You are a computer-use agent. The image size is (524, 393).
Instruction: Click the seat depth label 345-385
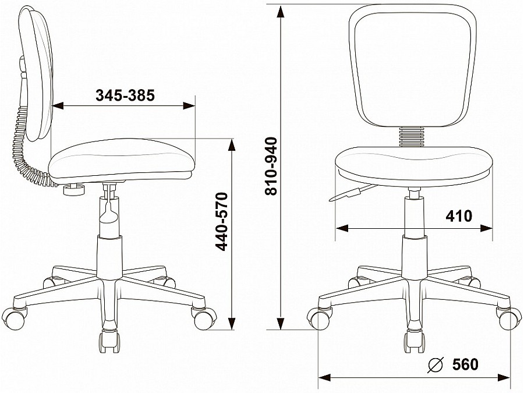(125, 95)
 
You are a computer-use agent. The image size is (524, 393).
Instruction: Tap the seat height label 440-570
(222, 222)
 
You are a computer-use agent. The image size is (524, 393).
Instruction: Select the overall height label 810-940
(271, 166)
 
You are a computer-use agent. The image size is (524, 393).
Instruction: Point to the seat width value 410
(459, 216)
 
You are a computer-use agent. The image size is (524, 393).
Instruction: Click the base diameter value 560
(466, 364)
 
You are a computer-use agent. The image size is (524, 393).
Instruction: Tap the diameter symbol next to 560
(436, 364)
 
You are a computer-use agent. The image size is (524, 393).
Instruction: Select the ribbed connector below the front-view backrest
(412, 137)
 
